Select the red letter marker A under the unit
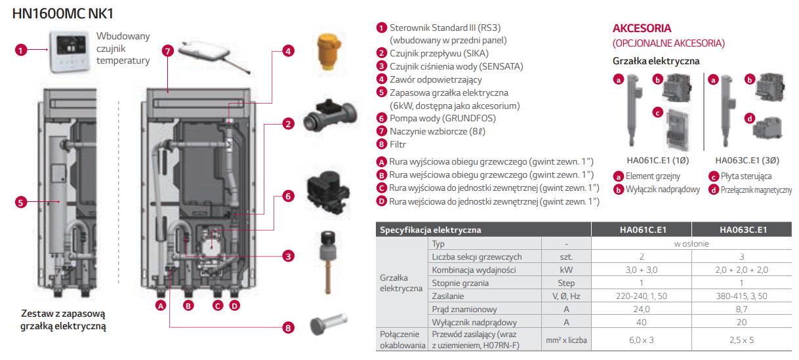pos(161,305)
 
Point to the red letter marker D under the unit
pos(234,305)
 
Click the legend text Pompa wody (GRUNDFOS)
pos(442,119)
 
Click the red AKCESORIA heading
pos(642,29)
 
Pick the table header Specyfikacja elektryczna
pos(430,230)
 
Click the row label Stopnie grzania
pos(461,283)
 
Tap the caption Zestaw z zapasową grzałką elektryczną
pos(63,319)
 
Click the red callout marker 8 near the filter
pos(287,327)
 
